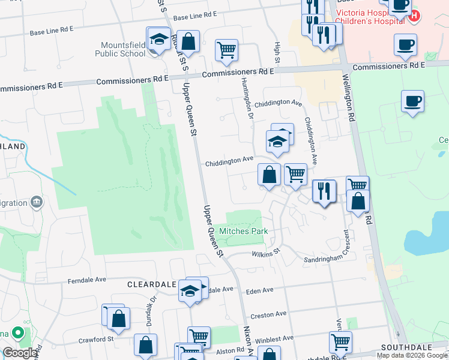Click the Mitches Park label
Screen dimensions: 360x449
pos(243,231)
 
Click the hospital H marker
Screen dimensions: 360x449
pos(414,17)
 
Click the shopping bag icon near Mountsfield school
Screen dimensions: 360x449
pos(188,42)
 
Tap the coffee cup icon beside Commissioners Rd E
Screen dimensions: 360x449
pos(406,44)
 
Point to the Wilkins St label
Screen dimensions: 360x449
pos(266,254)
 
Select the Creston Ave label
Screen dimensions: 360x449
pos(268,314)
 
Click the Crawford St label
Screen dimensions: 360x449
pos(96,340)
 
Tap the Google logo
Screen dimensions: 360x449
pos(20,353)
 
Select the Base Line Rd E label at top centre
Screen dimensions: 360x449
pos(194,16)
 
